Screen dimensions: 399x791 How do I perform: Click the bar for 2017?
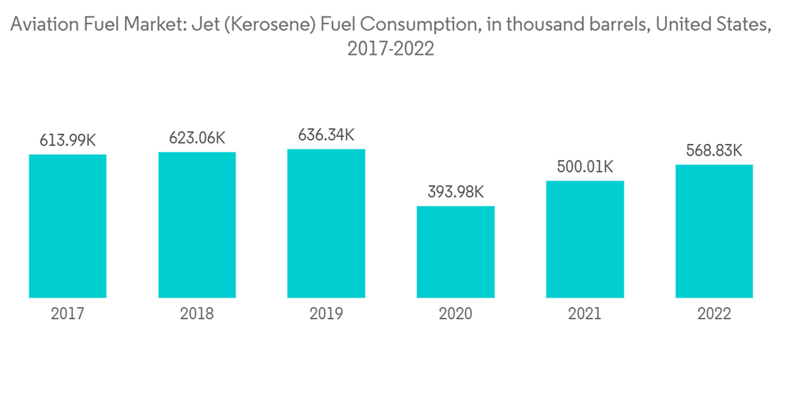[x=67, y=226]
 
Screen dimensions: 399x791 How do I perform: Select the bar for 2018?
[x=197, y=225]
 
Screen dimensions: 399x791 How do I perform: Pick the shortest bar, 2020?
[x=456, y=252]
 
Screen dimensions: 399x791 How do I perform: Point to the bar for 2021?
[x=585, y=239]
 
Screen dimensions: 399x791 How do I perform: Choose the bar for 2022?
[x=714, y=231]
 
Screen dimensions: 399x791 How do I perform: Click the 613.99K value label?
[x=67, y=141]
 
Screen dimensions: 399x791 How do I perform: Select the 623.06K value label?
[x=197, y=139]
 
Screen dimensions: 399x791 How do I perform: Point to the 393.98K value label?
[x=456, y=192]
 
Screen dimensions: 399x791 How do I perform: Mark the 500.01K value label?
[x=585, y=167]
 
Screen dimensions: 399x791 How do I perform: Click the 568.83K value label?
[x=714, y=151]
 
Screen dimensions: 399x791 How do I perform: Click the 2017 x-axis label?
[x=67, y=314]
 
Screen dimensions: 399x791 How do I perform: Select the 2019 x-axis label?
[x=326, y=314]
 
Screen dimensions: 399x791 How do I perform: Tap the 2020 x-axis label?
[x=456, y=314]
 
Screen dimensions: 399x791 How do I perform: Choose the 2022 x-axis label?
[x=714, y=314]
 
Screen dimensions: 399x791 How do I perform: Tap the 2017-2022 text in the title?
[x=392, y=49]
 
